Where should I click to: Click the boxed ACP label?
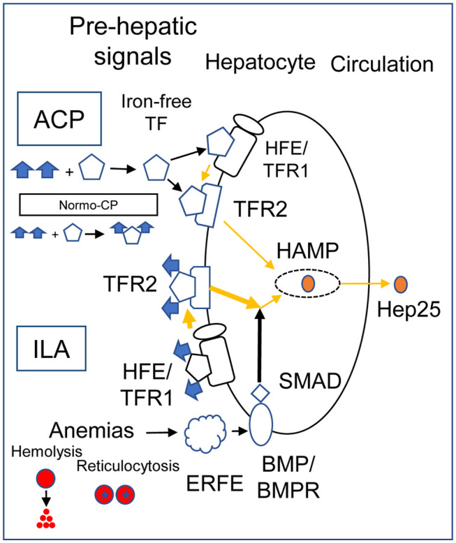pos(59,119)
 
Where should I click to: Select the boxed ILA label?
pos(51,348)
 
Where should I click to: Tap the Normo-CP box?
pos(89,205)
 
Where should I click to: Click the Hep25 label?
pos(409,309)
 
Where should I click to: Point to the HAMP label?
pos(307,251)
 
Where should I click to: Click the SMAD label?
pos(310,381)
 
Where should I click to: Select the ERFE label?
pos(215,484)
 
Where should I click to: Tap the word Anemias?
pos(91,431)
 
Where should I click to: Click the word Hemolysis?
pos(46,452)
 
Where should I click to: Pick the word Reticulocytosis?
pos(128,466)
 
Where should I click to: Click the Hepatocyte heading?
pos(260,63)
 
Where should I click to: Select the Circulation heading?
pos(382,64)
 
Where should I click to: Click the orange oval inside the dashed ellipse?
pos(308,283)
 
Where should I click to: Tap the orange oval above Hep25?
pos(401,284)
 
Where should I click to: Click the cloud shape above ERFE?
pos(205,433)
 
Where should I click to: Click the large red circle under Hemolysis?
pos(45,479)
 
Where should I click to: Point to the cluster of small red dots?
pos(45,519)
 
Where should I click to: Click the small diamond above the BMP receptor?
pos(260,393)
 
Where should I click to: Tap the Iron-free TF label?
pos(156,113)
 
